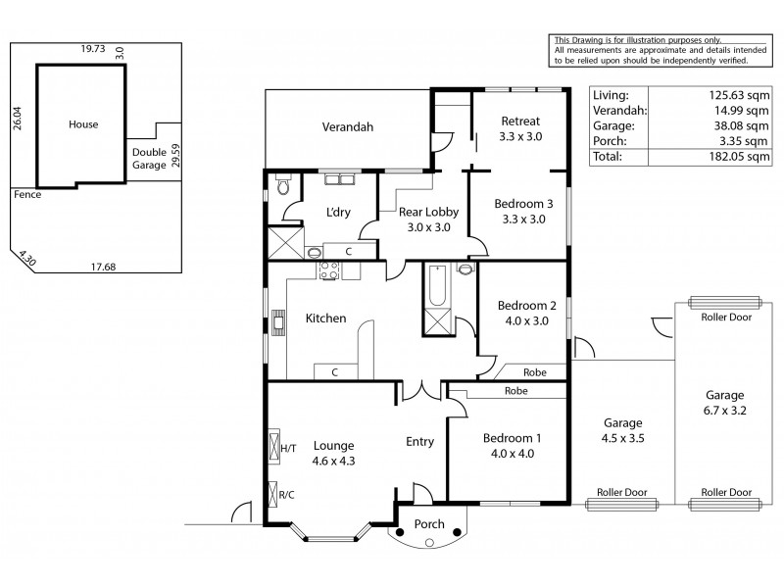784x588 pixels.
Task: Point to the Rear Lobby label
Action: [x=424, y=219]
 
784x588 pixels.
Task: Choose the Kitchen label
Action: [x=325, y=318]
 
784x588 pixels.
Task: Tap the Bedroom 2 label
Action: [x=526, y=312]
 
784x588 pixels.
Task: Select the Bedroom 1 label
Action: [x=507, y=445]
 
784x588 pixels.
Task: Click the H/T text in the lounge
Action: [x=288, y=448]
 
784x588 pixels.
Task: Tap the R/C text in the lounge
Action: [x=287, y=494]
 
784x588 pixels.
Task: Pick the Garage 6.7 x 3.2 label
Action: [x=725, y=404]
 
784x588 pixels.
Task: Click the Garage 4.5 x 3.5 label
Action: [x=622, y=432]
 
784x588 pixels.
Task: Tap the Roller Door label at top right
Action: [x=725, y=317]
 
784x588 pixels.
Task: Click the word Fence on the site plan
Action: [x=26, y=194]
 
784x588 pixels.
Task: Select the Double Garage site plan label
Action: [x=150, y=159]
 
